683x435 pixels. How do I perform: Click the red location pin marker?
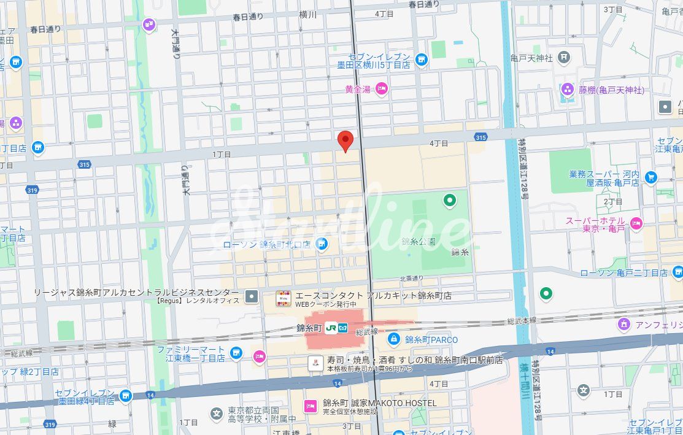tap(345, 141)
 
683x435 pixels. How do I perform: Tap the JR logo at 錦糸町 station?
tap(331, 328)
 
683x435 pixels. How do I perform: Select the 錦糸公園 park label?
tap(419, 241)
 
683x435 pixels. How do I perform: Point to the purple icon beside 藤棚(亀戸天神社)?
tap(568, 90)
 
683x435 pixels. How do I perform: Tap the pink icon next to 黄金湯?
tap(381, 90)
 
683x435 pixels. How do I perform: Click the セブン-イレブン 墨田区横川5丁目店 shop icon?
tap(421, 60)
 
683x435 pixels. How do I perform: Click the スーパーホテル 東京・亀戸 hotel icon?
tap(636, 222)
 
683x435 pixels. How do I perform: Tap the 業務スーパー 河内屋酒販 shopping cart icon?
tap(651, 178)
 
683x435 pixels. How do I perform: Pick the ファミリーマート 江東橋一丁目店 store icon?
tap(236, 353)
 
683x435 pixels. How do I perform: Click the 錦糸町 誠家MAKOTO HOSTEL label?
tap(380, 403)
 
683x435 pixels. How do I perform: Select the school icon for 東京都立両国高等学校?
tap(216, 414)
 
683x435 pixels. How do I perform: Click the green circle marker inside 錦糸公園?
tap(450, 199)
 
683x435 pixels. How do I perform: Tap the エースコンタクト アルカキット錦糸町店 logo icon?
tap(282, 299)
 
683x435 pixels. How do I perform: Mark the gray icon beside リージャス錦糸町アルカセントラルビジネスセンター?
tap(252, 297)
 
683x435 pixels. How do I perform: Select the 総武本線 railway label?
tap(522, 321)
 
